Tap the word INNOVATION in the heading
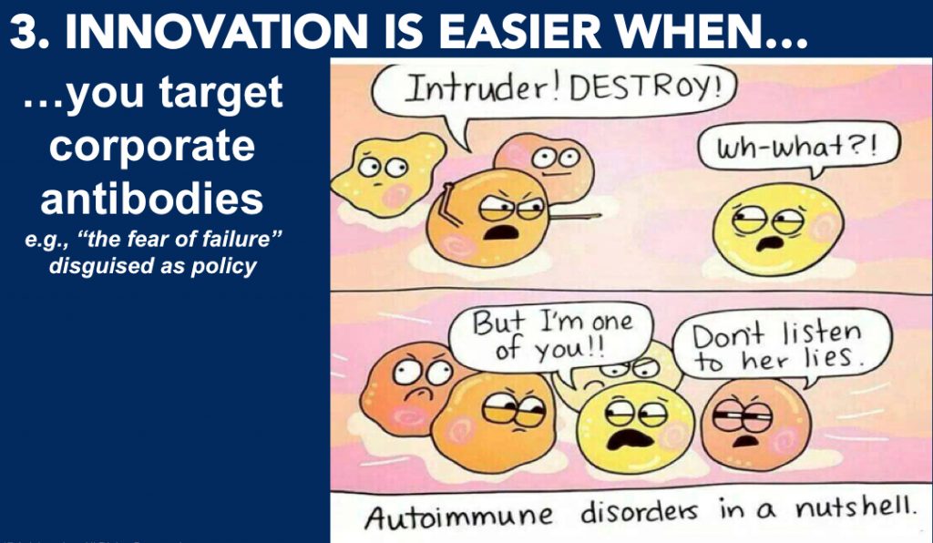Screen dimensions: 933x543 click(x=216, y=30)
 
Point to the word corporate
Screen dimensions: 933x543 click(x=152, y=147)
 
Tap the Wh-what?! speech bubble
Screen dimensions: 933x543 click(x=798, y=149)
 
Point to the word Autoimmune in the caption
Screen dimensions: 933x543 click(x=458, y=515)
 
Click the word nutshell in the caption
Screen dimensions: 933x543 click(x=855, y=509)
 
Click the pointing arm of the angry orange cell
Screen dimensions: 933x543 click(x=574, y=216)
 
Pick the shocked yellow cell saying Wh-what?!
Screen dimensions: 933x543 click(x=778, y=229)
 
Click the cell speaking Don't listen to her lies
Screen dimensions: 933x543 click(x=755, y=424)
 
